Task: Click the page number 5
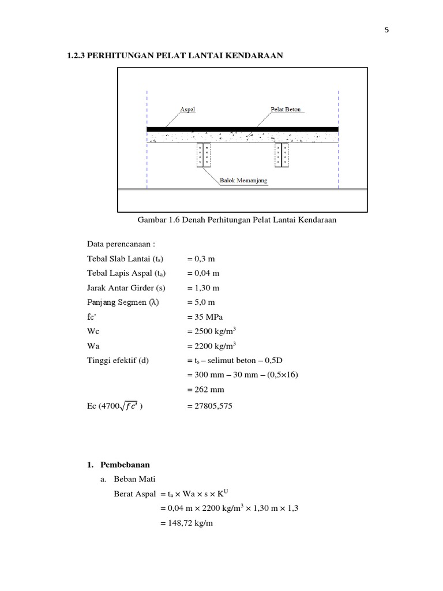point(387,31)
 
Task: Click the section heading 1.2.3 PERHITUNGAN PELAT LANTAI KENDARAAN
point(175,55)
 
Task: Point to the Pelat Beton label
point(285,109)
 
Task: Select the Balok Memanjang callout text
point(243,180)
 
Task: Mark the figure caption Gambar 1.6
point(236,220)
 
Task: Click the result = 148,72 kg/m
point(187,523)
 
